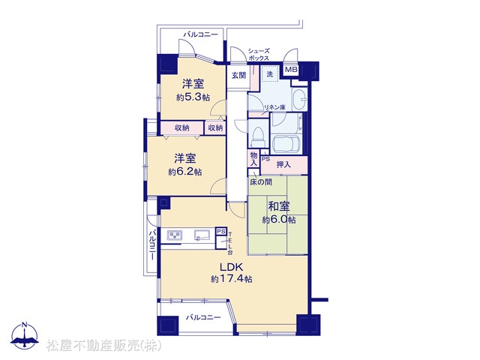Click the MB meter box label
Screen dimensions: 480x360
click(291, 70)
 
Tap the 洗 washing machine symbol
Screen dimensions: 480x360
click(269, 73)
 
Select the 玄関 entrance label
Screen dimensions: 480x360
click(238, 75)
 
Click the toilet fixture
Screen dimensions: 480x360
click(258, 136)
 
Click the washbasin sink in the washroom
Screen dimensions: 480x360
click(300, 99)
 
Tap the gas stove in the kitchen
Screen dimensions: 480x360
click(175, 235)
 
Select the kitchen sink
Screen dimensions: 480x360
click(202, 235)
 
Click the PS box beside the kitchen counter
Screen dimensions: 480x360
click(221, 232)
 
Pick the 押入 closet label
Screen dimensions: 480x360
click(283, 165)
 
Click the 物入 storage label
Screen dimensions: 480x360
click(253, 158)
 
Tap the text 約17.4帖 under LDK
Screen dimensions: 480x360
click(232, 279)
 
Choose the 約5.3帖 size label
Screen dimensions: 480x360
click(193, 97)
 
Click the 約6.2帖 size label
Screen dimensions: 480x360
click(185, 172)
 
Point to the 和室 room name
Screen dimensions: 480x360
click(278, 206)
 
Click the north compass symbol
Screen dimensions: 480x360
click(25, 336)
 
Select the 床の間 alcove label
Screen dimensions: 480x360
click(261, 182)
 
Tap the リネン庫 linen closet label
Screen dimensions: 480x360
click(274, 107)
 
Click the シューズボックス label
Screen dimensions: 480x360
click(259, 55)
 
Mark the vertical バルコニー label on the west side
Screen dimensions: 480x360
click(152, 245)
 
